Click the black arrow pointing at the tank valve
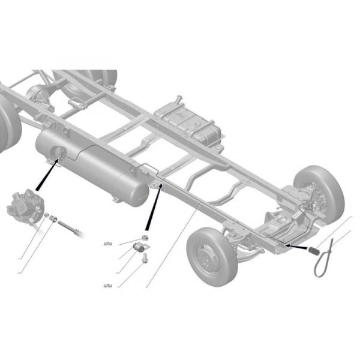[x=47, y=175]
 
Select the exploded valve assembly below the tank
[x=25, y=206]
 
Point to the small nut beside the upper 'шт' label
[x=145, y=238]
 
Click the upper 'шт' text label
[x=108, y=244]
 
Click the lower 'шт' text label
[x=108, y=286]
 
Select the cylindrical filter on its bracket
[x=140, y=247]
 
